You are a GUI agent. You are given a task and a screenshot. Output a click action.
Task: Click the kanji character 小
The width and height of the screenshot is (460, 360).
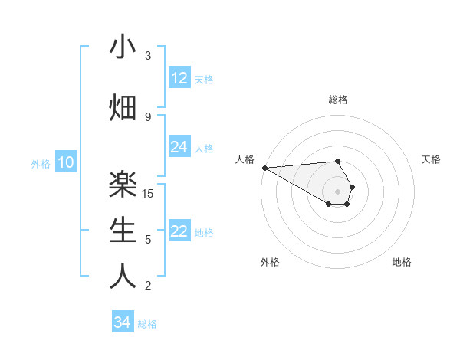point(123,47)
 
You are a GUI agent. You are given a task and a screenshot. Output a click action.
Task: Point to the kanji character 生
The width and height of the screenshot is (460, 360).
point(123,231)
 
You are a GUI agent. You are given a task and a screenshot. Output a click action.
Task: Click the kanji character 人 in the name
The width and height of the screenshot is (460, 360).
point(123,277)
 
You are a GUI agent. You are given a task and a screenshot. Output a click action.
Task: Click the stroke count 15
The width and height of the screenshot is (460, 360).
point(149,193)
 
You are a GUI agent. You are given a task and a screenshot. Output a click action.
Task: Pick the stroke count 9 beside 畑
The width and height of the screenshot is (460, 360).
point(148,116)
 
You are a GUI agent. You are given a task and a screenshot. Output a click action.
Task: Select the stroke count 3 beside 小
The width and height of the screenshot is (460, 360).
point(148,55)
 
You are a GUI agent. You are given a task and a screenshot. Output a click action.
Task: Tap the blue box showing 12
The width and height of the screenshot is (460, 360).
point(179,78)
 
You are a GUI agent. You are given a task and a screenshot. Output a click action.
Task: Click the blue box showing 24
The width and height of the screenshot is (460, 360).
point(179,147)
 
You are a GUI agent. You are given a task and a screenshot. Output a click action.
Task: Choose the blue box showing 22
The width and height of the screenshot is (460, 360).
point(179,231)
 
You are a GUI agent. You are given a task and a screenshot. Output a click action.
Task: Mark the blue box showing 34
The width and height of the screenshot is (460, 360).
point(123,322)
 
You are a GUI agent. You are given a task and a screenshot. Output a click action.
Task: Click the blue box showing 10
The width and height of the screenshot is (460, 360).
point(65,162)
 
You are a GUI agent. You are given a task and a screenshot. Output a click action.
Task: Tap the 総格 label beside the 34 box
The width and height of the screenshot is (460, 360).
point(147,324)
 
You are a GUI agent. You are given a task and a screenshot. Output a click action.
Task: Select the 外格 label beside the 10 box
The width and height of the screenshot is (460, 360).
point(41,163)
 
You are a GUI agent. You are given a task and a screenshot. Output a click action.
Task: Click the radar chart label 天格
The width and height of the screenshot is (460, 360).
point(432,159)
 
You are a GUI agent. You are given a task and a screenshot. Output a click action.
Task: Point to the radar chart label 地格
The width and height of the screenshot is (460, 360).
point(402,262)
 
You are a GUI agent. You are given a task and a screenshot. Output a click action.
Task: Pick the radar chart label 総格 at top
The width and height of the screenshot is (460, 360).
point(338,100)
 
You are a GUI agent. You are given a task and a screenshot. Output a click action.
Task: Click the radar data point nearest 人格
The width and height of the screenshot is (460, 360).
point(264,167)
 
